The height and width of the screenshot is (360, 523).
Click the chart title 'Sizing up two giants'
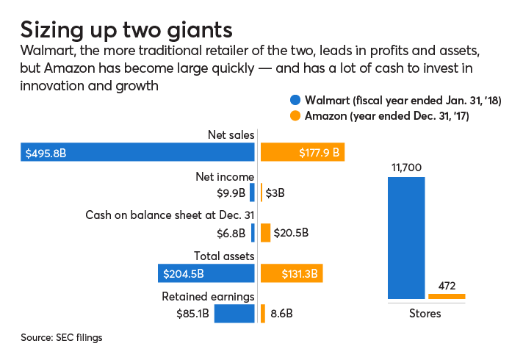click(126, 29)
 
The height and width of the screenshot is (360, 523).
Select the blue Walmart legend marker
click(296, 101)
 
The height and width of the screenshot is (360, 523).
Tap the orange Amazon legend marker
click(296, 116)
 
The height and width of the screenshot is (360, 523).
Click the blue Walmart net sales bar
click(137, 152)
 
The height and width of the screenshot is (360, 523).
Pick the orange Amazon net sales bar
click(303, 152)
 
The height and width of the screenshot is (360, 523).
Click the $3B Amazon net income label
click(275, 192)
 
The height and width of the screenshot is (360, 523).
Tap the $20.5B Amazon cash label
click(291, 233)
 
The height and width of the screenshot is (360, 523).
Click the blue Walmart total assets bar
click(206, 273)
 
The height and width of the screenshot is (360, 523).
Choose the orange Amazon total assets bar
click(292, 273)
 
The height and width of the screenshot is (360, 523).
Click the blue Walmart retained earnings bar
click(234, 314)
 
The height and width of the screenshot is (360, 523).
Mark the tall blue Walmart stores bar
click(405, 238)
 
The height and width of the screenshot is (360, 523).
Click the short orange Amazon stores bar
click(447, 296)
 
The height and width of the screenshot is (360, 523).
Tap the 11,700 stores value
click(405, 168)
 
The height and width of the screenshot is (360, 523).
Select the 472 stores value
click(447, 284)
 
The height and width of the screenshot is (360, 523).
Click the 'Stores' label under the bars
click(425, 314)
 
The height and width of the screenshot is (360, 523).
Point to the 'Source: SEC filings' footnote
click(61, 338)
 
